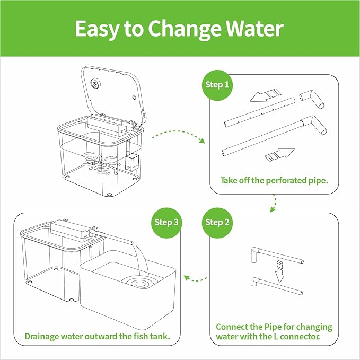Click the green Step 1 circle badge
[217, 85]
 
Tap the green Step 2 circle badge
[217, 223]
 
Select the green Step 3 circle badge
[166, 223]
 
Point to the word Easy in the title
[97, 29]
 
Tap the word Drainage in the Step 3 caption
[41, 337]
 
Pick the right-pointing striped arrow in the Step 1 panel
[279, 154]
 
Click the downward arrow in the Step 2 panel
[279, 272]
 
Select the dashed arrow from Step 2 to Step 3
[195, 279]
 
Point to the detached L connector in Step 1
[312, 99]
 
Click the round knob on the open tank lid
[94, 83]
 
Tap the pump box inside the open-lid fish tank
[132, 162]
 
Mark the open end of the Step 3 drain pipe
[132, 243]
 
